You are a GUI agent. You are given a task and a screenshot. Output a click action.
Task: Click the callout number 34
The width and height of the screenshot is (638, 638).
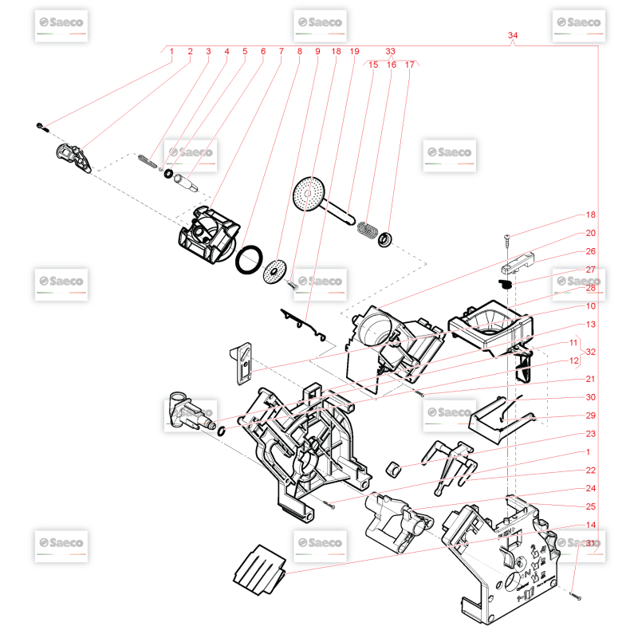(x=513, y=36)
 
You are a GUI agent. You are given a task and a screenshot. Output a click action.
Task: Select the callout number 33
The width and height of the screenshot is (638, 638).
(x=390, y=50)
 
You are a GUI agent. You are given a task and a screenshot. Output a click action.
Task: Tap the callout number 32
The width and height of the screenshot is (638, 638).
(x=591, y=352)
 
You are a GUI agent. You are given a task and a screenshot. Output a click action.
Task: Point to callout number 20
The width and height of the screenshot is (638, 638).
(x=591, y=233)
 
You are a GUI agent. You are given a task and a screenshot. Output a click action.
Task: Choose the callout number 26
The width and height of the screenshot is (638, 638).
(x=591, y=251)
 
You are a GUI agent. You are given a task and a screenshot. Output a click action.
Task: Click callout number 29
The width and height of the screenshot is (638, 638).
(x=591, y=415)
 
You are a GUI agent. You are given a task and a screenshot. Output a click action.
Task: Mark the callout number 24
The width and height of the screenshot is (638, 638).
(x=591, y=488)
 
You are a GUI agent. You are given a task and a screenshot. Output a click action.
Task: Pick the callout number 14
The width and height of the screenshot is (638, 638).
(x=591, y=525)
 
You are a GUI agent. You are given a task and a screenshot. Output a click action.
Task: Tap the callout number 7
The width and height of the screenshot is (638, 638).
(x=281, y=51)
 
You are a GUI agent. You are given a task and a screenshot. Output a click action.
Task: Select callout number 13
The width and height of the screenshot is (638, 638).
(x=591, y=325)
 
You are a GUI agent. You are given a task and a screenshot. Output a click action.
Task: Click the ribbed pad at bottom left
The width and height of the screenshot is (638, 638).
(x=258, y=569)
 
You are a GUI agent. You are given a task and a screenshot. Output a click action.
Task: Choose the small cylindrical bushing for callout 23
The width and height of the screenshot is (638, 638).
(x=392, y=467)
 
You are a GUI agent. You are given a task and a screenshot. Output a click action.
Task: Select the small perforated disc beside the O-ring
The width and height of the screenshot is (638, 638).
(x=276, y=270)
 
